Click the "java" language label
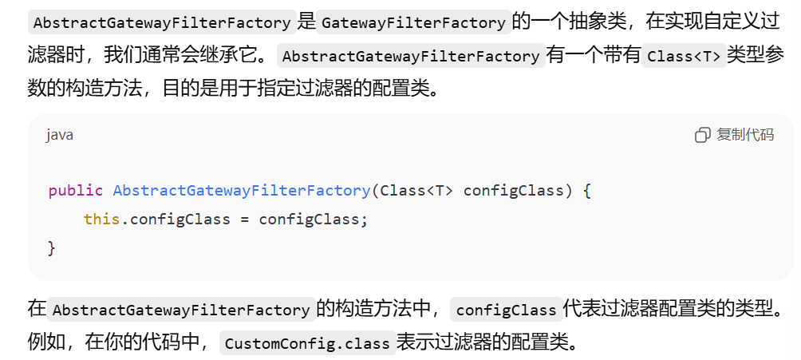60,135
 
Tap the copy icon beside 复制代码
702,135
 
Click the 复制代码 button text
745,135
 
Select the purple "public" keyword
76,191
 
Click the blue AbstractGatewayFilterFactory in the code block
242,191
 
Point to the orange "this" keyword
101,219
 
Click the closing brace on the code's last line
52,247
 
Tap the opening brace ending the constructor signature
586,191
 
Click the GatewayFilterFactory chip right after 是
414,22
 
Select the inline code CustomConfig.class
307,344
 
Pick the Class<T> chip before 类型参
684,57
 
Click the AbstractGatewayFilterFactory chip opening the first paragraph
162,22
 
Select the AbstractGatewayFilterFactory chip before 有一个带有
411,57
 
